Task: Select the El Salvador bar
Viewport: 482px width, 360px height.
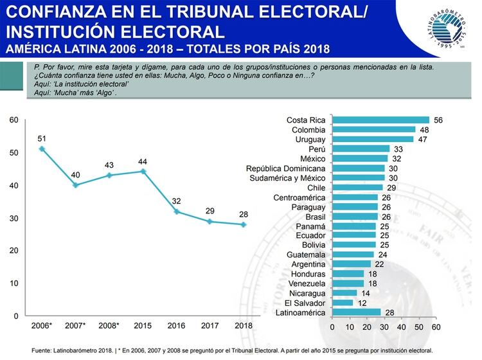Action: (343, 303)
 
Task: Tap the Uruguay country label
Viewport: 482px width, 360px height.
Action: (309, 139)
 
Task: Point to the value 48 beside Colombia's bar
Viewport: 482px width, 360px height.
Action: (424, 130)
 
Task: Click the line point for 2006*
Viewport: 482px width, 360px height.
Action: (42, 148)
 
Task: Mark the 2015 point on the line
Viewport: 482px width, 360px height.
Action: (143, 171)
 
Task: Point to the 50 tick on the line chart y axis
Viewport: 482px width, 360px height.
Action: (14, 152)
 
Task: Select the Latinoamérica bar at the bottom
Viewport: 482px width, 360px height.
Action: (357, 312)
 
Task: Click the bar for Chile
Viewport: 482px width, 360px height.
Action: (357, 188)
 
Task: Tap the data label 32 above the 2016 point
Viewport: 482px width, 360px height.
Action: (177, 200)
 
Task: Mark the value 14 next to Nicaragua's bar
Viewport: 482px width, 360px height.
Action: (366, 293)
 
